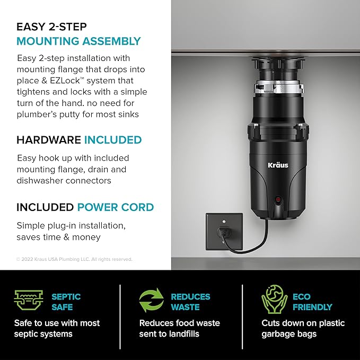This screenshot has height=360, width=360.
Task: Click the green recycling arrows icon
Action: [x=152, y=302]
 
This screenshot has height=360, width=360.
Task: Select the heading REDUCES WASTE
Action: [x=190, y=302]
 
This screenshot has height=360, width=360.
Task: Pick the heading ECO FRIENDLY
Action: [x=312, y=302]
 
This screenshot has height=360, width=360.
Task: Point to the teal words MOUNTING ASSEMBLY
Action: [x=78, y=41]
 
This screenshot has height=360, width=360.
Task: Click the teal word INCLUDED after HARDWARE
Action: [x=112, y=140]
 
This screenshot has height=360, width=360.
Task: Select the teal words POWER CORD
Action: [x=115, y=207]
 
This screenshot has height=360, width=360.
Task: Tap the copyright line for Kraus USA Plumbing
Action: [x=74, y=259]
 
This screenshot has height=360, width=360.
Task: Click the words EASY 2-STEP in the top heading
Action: [x=51, y=27]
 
